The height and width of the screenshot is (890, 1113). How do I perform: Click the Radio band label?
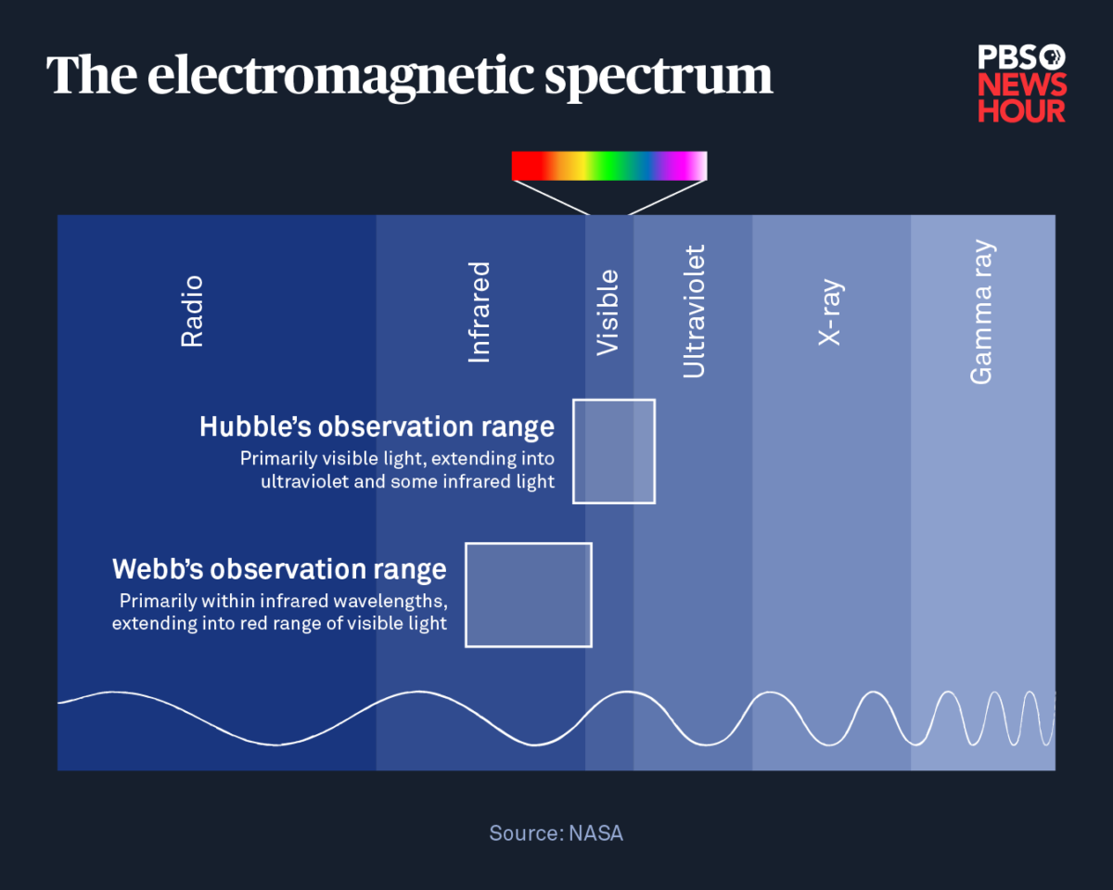[191, 311]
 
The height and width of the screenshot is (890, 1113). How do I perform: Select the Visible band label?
[608, 312]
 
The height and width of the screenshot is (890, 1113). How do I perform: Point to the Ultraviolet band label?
[694, 311]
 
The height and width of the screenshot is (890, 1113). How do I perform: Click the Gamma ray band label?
[981, 312]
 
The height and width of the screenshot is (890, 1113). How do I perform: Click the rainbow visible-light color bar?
[609, 166]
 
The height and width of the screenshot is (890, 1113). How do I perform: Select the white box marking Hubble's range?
[614, 451]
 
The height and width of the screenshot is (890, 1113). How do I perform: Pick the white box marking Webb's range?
[529, 594]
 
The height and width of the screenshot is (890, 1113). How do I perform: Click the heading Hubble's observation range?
[377, 426]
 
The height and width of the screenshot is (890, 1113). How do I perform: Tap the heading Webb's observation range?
[279, 568]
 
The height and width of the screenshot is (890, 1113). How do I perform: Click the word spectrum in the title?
[659, 76]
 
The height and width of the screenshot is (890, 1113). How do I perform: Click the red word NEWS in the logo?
[1022, 86]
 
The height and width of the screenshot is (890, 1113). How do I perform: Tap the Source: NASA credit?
[556, 833]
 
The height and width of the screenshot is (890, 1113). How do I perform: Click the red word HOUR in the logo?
[1022, 111]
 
